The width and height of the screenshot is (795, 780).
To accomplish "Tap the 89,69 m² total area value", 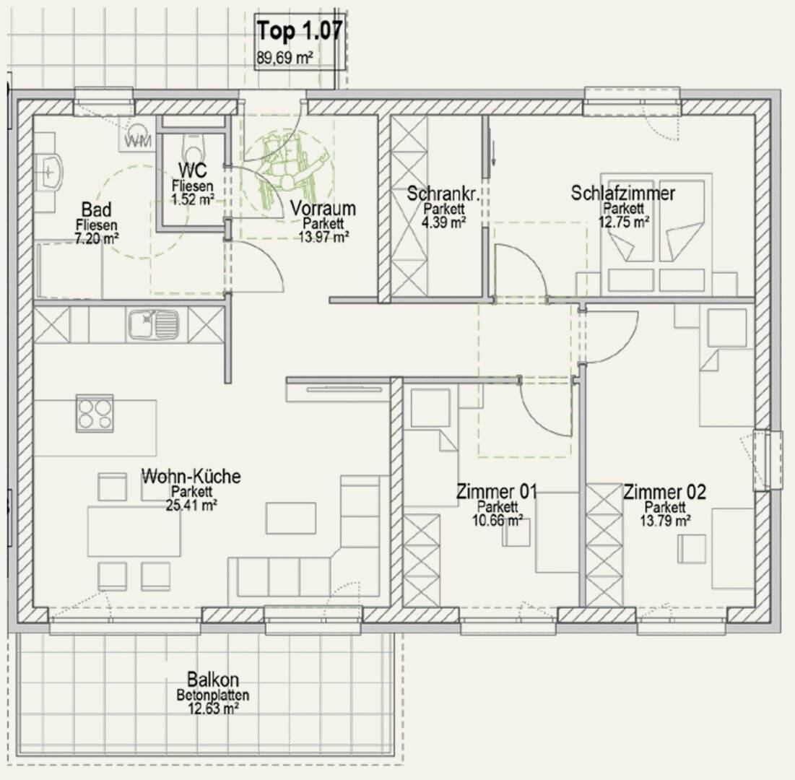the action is tap(284, 58).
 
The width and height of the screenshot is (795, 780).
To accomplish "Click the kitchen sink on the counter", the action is tap(154, 324).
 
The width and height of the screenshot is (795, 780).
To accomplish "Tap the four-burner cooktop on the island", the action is tap(95, 413).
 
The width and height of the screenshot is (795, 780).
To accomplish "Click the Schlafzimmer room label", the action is tap(623, 194).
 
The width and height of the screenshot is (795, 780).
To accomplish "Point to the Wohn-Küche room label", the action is tap(191, 476).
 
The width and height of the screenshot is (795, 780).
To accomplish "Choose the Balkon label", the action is tap(213, 680).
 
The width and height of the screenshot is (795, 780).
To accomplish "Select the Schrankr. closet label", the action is tap(443, 194).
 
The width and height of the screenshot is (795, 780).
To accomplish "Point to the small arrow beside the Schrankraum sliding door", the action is tap(493, 154).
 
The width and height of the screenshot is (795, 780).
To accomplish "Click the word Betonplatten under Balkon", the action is tap(213, 695).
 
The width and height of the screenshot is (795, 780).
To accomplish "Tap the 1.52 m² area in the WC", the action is tap(193, 199).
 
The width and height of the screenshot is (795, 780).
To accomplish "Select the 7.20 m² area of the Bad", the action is tap(97, 238).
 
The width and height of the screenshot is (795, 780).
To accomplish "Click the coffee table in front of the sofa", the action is tap(291, 518).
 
